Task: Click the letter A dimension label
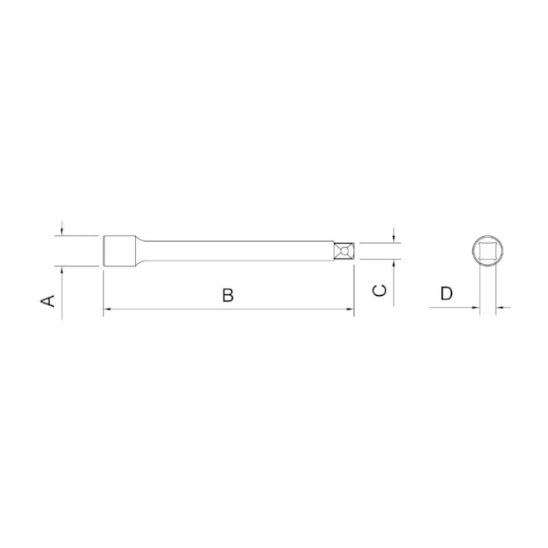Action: pyautogui.click(x=48, y=301)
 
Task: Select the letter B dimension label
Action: pyautogui.click(x=228, y=295)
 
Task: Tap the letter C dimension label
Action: pyautogui.click(x=379, y=290)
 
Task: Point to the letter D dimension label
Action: pyautogui.click(x=446, y=293)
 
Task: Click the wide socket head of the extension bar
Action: pyautogui.click(x=120, y=251)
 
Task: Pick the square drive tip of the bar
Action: pyautogui.click(x=344, y=251)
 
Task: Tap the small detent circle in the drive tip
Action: pyautogui.click(x=344, y=251)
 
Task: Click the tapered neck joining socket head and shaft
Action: pyautogui.click(x=141, y=251)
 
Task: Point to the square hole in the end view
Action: pyautogui.click(x=487, y=251)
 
